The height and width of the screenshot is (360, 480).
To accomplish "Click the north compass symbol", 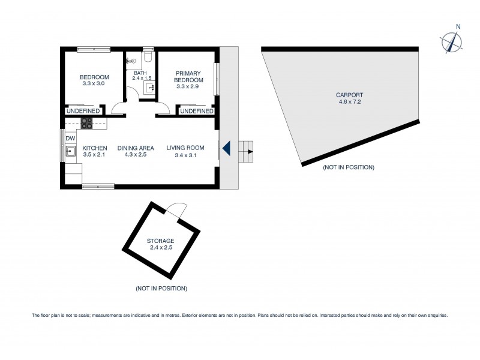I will click(451, 41).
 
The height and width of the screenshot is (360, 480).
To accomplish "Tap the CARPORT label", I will click(350, 95).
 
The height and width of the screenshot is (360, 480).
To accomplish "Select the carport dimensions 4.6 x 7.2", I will click(350, 102).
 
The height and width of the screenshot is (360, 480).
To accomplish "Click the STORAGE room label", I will click(161, 241).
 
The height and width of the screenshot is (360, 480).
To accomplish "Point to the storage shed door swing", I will click(176, 211).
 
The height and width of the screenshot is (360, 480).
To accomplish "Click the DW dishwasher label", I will click(70, 139).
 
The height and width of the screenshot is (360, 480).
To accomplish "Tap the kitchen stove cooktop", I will click(87, 124).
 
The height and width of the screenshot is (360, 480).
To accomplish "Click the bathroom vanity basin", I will click(151, 88).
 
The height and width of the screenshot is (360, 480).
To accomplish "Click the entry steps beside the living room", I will click(246, 151).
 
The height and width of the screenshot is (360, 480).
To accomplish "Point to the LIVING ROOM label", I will click(185, 148).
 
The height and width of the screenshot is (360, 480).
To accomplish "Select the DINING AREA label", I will click(136, 148).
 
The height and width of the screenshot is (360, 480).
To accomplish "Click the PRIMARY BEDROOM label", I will click(188, 77).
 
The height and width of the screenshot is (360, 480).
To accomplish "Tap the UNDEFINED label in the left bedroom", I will click(83, 111).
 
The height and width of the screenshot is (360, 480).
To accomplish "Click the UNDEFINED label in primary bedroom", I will click(196, 111).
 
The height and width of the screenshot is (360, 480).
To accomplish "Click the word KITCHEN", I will click(95, 148).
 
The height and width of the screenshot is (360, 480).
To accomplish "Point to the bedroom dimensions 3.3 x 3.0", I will click(94, 83).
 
